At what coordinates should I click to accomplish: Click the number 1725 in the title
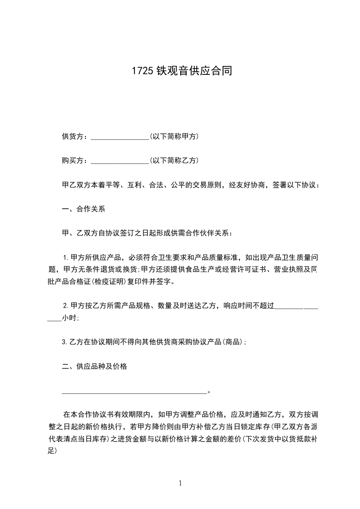click(x=142, y=71)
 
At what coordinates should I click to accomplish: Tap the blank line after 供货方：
click(x=120, y=137)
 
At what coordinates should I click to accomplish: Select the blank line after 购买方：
click(x=120, y=161)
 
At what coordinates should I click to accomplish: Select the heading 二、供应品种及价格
click(x=94, y=367)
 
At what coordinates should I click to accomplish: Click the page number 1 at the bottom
click(x=180, y=484)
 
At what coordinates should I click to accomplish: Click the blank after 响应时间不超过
click(x=297, y=307)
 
